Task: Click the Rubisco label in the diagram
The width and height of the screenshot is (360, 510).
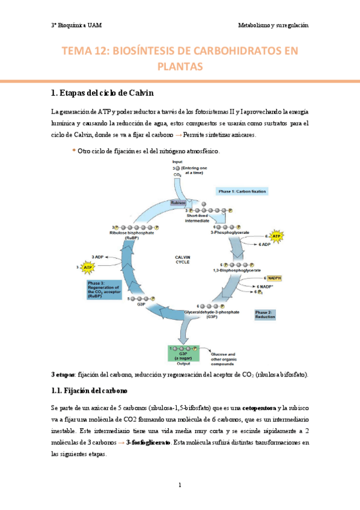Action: [x=178, y=203]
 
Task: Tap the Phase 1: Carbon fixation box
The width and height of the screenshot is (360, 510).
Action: [x=242, y=191]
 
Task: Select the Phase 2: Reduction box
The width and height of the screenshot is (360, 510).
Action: [x=264, y=315]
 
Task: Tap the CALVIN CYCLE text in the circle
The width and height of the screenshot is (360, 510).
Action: [x=182, y=259]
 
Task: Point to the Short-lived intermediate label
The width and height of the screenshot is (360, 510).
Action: [x=197, y=218]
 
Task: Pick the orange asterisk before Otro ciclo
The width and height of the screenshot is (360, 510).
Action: [x=73, y=151]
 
